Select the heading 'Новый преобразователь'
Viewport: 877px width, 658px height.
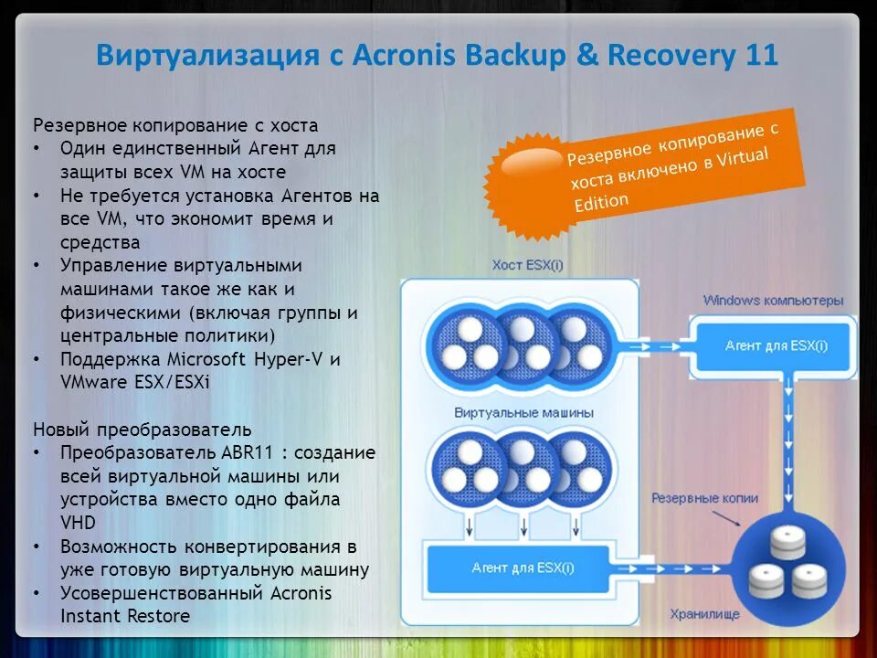(143, 429)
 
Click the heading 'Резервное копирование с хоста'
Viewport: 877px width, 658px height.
(175, 125)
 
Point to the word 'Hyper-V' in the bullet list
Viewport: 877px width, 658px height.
(292, 359)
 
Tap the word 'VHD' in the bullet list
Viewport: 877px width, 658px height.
(78, 523)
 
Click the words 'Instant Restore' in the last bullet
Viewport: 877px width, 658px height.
(125, 616)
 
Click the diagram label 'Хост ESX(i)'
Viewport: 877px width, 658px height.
(527, 265)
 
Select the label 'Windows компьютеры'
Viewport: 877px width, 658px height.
(773, 300)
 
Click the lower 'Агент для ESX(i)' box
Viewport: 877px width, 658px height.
(522, 568)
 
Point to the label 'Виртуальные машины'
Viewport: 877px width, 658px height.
(523, 412)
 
